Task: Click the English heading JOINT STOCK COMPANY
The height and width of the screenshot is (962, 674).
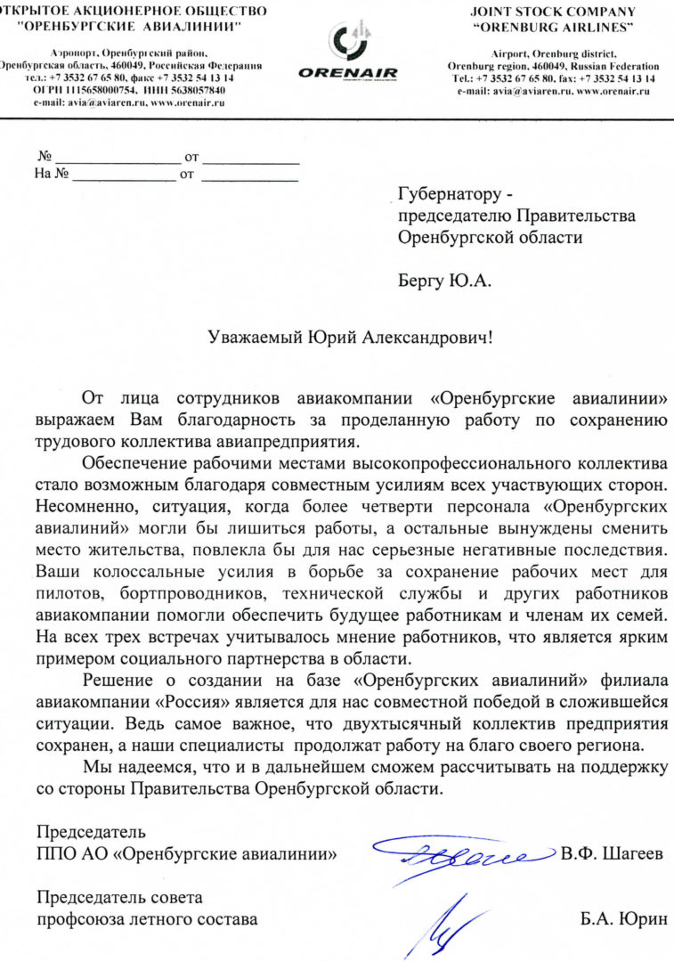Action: pos(553,12)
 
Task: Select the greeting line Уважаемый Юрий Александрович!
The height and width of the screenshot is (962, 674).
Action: pos(349,338)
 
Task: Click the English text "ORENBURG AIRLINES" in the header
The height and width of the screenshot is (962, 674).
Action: pos(553,27)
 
